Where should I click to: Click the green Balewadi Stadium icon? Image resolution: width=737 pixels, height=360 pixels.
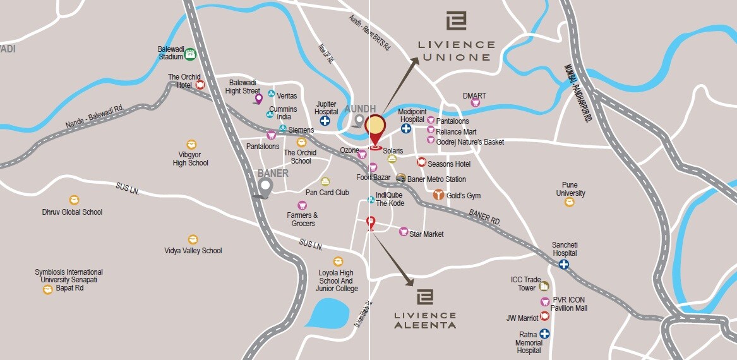click(x=189, y=55)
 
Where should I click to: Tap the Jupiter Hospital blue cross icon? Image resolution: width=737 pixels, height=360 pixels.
click(x=325, y=121)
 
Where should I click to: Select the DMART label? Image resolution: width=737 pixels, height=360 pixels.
click(x=474, y=96)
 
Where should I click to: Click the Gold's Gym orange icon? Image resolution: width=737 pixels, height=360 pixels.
click(x=438, y=195)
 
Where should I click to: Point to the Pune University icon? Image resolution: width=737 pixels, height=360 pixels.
click(x=570, y=202)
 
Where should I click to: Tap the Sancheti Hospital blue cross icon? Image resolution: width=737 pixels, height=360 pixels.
click(x=563, y=265)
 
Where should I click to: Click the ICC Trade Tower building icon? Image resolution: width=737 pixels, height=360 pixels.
click(x=544, y=286)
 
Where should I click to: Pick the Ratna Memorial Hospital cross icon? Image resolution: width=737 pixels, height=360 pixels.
click(x=544, y=333)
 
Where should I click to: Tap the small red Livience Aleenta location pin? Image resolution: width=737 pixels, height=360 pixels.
click(x=371, y=222)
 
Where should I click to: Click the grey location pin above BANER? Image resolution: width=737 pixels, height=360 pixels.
click(x=265, y=186)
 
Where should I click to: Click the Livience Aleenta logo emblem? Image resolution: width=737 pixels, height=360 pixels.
click(x=425, y=297)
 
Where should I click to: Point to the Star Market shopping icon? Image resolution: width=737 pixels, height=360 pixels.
click(x=404, y=232)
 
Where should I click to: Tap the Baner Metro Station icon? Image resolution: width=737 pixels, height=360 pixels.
click(x=400, y=178)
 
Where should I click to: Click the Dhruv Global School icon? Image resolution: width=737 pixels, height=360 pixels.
click(x=74, y=200)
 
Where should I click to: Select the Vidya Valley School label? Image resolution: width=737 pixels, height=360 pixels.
click(x=193, y=251)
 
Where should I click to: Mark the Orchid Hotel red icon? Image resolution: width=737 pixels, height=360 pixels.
click(x=200, y=85)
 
